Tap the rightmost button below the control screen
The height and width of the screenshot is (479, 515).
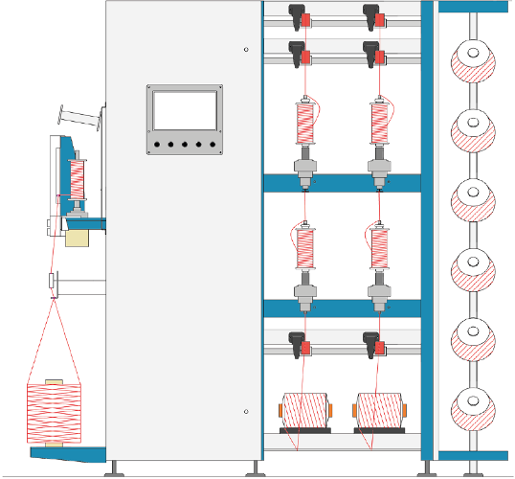[213, 146]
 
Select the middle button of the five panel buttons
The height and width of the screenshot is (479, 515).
[185, 146]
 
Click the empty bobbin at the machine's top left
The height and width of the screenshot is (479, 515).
[82, 120]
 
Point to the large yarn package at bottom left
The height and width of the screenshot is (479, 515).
[55, 413]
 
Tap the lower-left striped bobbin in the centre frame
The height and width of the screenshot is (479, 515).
[305, 248]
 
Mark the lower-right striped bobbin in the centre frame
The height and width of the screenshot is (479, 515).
[380, 248]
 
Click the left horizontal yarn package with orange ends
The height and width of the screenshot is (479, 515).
[305, 411]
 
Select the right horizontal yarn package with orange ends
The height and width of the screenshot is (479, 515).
[380, 411]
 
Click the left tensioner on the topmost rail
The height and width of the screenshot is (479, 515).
[300, 17]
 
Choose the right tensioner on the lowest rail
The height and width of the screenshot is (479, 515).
[374, 341]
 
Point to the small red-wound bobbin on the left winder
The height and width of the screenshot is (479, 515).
[76, 178]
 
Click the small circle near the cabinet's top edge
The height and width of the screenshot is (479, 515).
[246, 50]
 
